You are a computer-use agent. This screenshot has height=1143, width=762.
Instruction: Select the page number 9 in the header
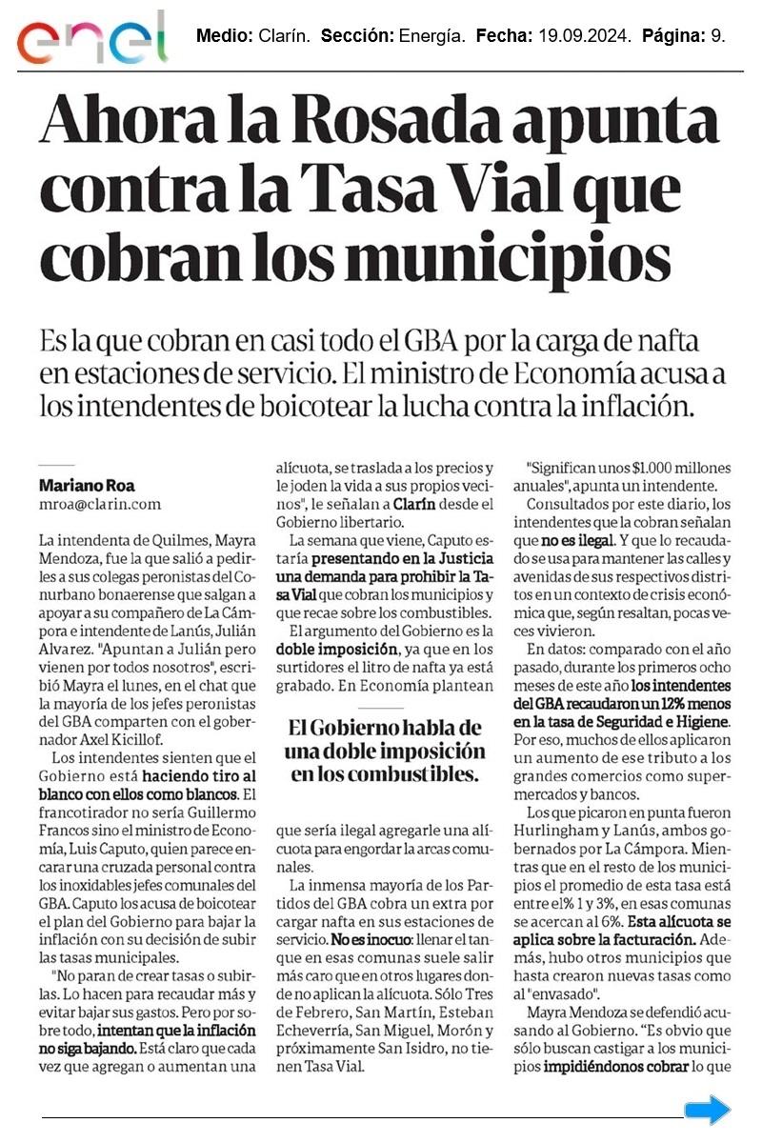[718, 37]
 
